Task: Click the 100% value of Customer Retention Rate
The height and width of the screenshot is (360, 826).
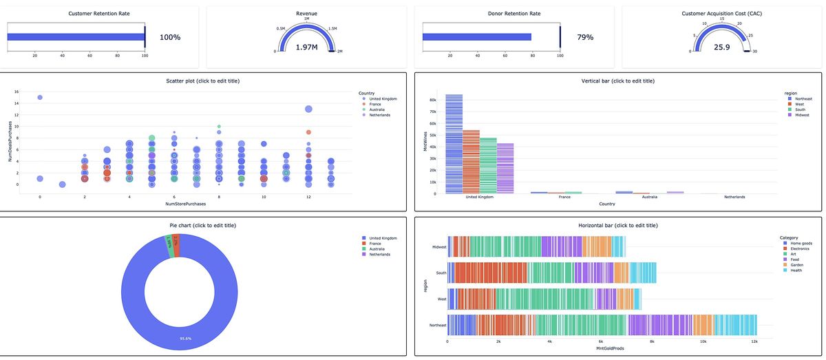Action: (170, 37)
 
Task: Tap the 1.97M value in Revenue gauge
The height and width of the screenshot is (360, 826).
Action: (306, 47)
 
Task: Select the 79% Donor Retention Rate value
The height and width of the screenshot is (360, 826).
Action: (585, 37)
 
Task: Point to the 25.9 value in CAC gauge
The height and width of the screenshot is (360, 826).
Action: (722, 47)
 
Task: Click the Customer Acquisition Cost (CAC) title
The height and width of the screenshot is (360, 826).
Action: (722, 13)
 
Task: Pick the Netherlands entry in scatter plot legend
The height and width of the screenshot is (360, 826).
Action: (380, 115)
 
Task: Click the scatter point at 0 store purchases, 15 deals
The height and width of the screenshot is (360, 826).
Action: (40, 98)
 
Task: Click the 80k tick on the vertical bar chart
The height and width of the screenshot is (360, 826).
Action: (432, 99)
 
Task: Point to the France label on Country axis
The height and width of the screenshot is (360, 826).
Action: (564, 197)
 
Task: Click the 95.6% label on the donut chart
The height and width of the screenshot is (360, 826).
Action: (185, 338)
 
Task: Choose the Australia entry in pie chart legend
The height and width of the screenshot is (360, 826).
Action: (379, 249)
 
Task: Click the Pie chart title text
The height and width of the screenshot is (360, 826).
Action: (203, 226)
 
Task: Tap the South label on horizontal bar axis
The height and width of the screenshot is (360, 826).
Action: (441, 273)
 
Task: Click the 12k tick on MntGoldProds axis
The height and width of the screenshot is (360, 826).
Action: (754, 341)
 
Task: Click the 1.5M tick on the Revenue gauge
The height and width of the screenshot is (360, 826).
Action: (333, 29)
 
